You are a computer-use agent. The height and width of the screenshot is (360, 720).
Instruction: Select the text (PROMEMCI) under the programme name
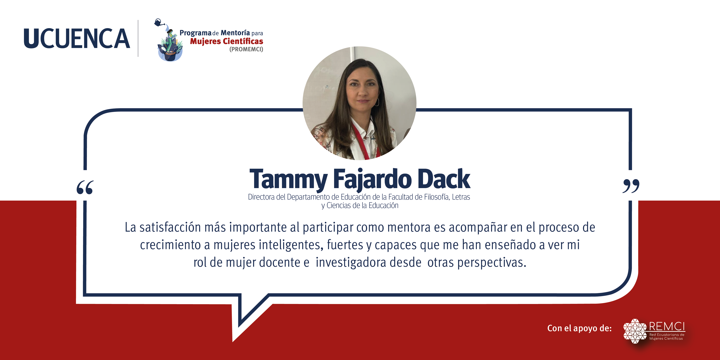246,49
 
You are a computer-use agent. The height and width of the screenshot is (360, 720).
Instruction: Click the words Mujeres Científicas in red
227,41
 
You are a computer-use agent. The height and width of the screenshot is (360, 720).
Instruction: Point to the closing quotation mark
631,186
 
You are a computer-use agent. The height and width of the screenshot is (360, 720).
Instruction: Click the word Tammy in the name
288,179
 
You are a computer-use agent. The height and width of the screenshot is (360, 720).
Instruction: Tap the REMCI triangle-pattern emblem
635,331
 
